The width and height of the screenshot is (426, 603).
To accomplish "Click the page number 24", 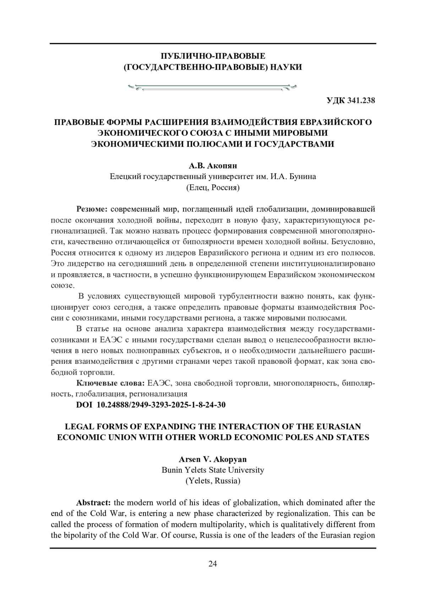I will tap(213, 564).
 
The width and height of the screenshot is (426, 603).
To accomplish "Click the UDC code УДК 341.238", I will tap(351, 101).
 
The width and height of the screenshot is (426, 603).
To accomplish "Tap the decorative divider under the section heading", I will tap(213, 87).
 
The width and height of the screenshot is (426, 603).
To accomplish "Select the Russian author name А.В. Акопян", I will tap(213, 166).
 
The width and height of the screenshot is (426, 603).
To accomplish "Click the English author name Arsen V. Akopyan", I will tap(213, 459).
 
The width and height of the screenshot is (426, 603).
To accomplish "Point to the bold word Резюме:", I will tap(92, 209).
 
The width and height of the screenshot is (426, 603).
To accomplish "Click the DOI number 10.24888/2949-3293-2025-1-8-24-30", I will tap(161, 405).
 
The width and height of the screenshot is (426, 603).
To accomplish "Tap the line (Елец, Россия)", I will tap(213, 188).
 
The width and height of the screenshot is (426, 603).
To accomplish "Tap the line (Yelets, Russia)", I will tap(213, 481).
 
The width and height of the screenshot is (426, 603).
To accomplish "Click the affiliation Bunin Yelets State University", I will tap(213, 470).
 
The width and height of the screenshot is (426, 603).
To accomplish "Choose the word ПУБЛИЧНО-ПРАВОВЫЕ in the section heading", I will tap(213, 56).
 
